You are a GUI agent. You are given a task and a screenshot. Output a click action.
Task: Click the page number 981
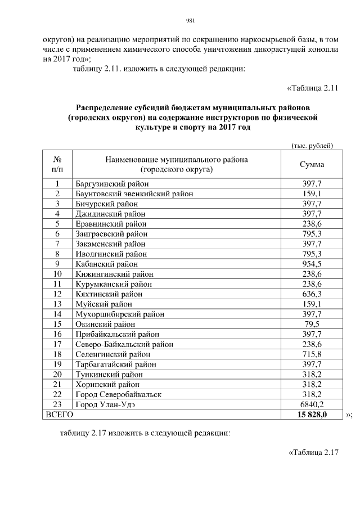click(190, 22)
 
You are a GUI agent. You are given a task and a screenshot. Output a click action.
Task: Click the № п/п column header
click(57, 164)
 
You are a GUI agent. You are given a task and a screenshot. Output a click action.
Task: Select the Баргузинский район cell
click(111, 183)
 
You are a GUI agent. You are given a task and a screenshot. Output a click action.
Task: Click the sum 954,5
click(312, 263)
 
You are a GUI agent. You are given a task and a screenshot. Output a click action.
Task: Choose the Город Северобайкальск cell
click(118, 394)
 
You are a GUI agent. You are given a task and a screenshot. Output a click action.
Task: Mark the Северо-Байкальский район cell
click(124, 344)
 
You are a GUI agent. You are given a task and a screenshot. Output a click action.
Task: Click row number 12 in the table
click(57, 294)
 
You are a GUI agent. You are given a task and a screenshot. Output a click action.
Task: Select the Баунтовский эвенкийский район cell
click(134, 193)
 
